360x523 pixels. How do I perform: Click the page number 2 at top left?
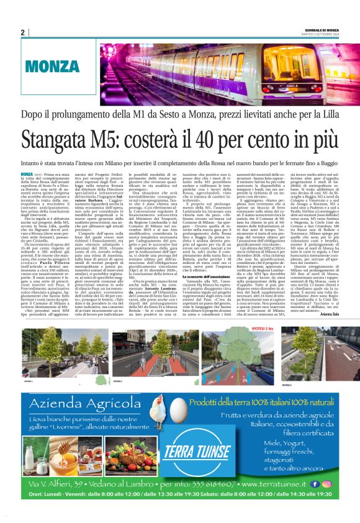(x=23, y=32)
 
